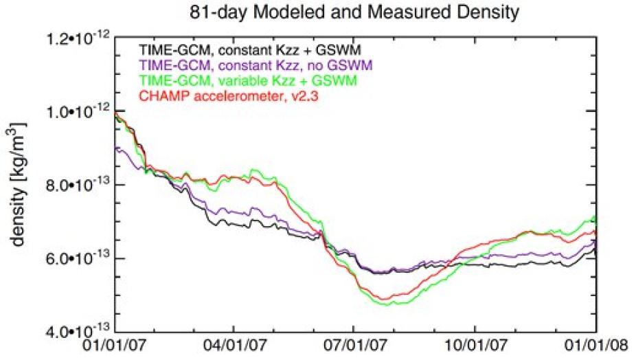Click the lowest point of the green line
pos(382,304)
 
